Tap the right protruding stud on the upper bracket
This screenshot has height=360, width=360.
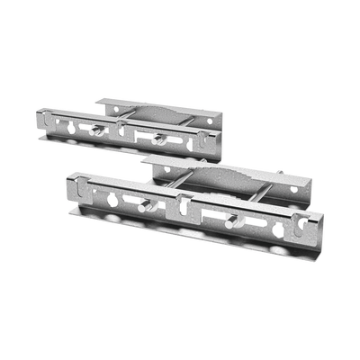tap(158, 139)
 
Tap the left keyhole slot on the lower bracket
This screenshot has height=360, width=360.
tap(112, 198)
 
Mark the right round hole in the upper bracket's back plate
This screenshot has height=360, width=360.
tap(210, 121)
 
